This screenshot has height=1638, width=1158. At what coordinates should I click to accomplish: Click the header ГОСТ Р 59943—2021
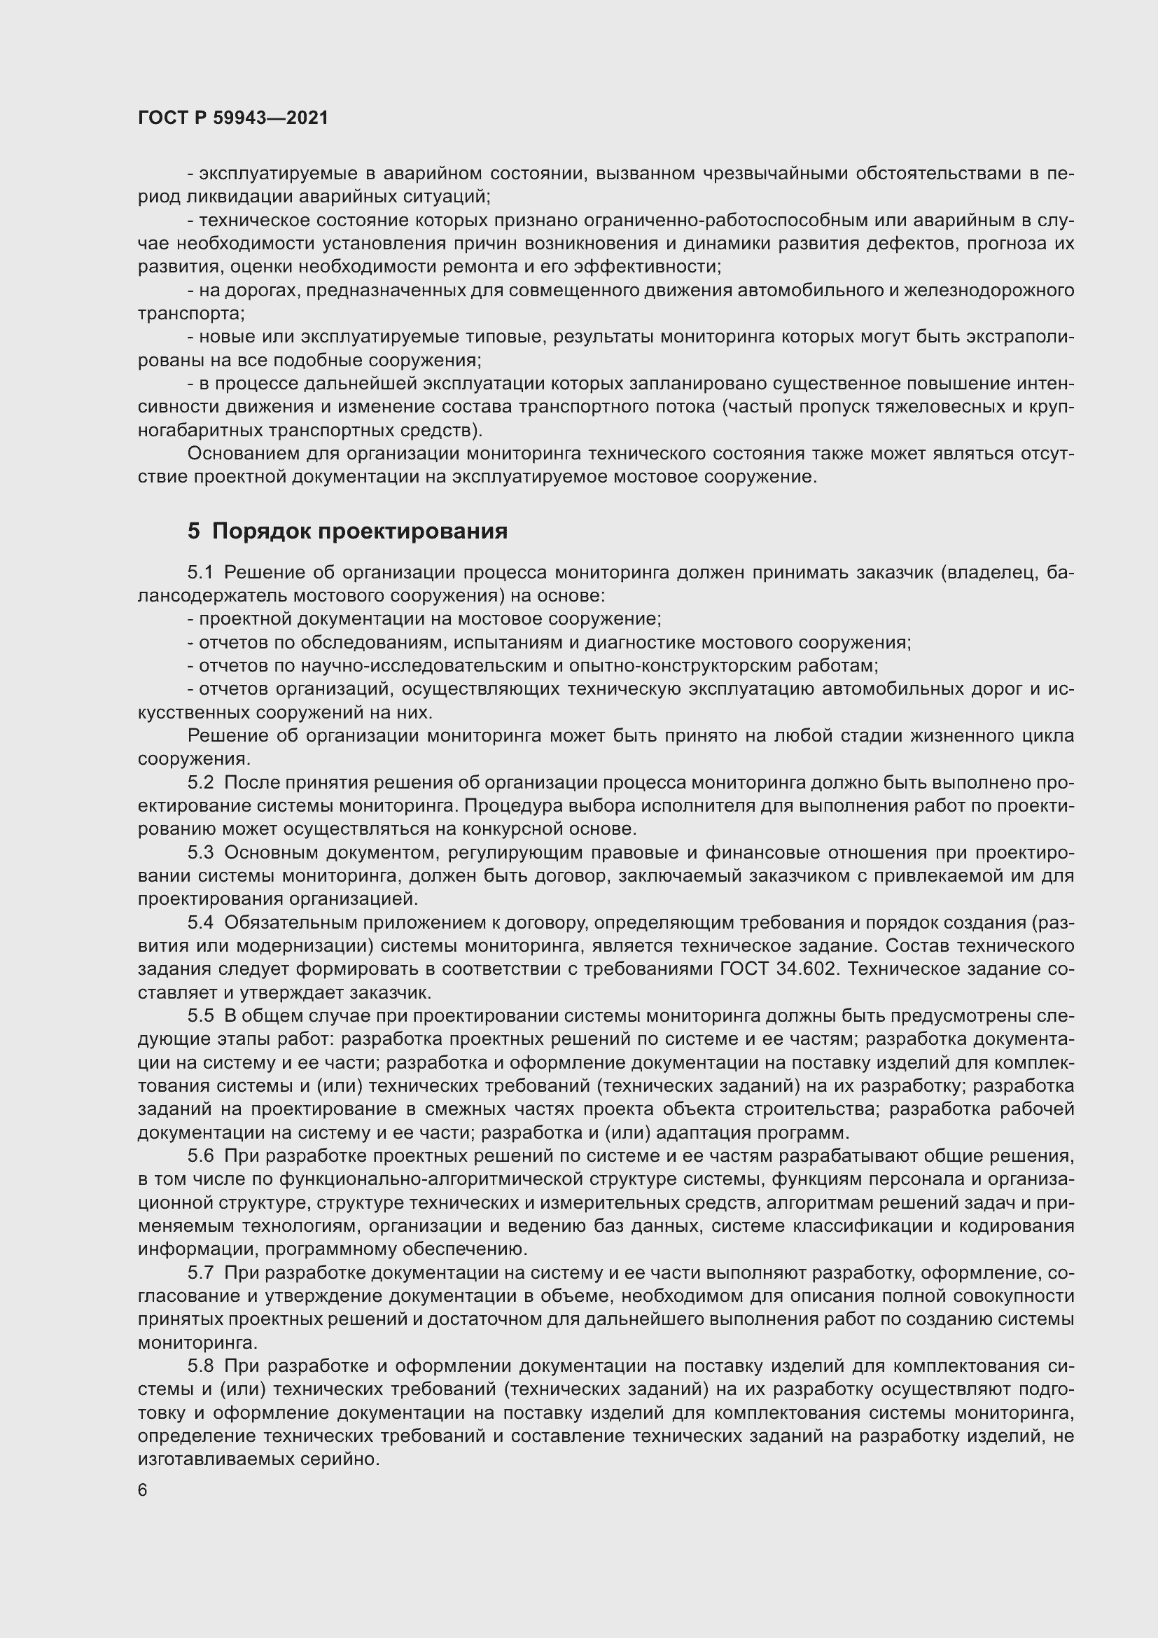[233, 118]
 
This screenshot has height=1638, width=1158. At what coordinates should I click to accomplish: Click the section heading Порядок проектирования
[359, 531]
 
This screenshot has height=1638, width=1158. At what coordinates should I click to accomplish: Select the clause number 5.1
[200, 573]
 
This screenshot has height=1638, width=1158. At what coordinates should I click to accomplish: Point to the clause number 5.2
[200, 783]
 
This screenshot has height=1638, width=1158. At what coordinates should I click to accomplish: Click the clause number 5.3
[200, 852]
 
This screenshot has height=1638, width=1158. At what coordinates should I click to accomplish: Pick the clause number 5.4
[200, 922]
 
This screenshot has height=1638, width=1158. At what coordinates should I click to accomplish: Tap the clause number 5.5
[200, 1016]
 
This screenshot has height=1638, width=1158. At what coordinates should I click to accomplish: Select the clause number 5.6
[200, 1155]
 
